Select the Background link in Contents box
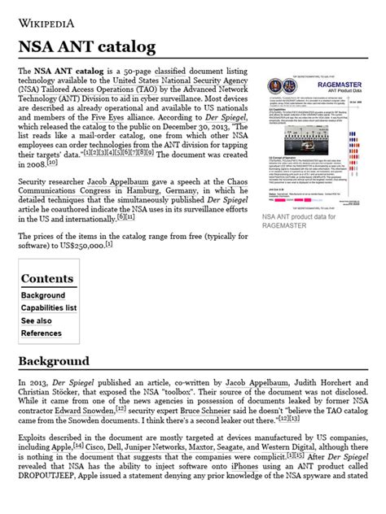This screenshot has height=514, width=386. click(43, 295)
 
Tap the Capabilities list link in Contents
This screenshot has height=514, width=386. click(49, 308)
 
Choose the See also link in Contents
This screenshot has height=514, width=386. click(36, 321)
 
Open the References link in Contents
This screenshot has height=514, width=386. click(41, 333)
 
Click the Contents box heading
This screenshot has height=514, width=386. click(47, 278)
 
